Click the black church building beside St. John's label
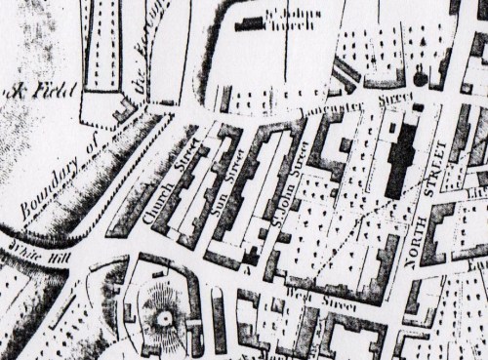257,24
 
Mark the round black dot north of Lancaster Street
421,77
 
